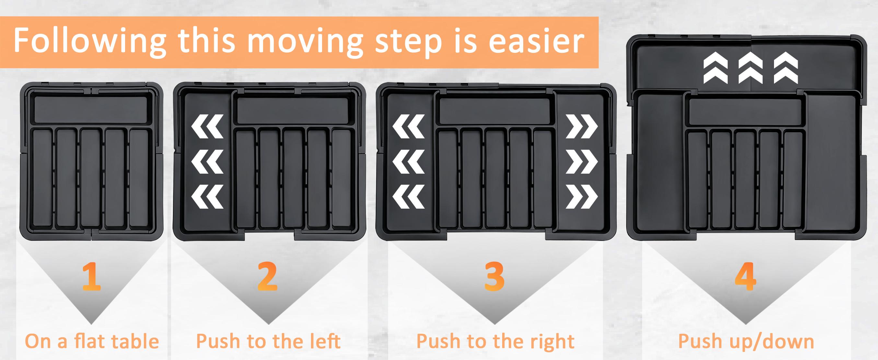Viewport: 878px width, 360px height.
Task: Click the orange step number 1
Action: coord(92,276)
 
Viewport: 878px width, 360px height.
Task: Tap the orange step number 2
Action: coord(268,276)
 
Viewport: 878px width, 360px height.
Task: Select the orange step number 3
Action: coord(494,276)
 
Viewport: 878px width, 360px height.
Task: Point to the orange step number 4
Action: coord(745,276)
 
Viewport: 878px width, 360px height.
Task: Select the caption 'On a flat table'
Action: coord(92,341)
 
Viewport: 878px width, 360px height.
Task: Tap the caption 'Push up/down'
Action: coord(746,341)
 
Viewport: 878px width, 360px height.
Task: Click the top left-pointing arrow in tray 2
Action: coord(208,126)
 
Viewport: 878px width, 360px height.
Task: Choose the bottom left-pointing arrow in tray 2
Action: coord(208,197)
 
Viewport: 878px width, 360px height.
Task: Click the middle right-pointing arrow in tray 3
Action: coord(582,162)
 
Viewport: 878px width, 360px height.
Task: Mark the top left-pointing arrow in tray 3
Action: coord(408,126)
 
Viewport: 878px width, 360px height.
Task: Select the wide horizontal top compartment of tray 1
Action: coord(91,109)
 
